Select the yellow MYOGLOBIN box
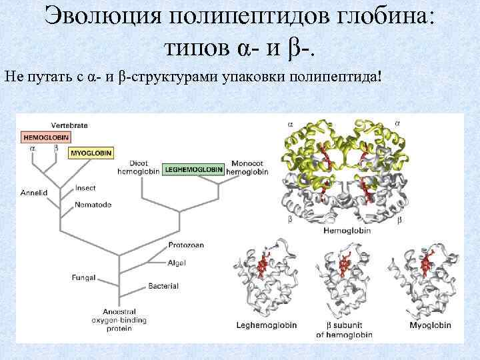click(91, 153)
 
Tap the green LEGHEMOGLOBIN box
click(193, 169)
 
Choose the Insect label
click(85, 188)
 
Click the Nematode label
click(92, 204)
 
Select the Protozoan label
click(186, 245)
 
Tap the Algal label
click(177, 262)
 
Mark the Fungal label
click(84, 277)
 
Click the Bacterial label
click(163, 286)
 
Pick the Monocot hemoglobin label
click(247, 167)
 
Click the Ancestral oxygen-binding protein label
click(120, 320)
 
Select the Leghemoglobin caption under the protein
click(267, 325)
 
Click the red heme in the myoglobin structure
click(426, 265)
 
